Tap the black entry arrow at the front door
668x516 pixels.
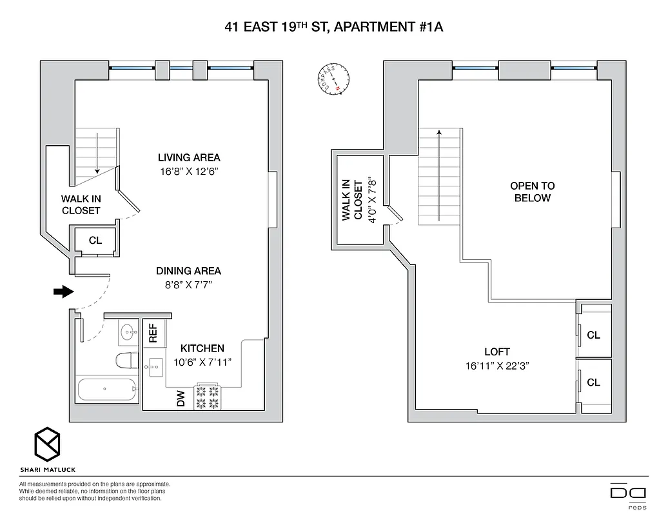point(63,292)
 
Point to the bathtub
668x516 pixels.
point(107,390)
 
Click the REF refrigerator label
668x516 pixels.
point(153,333)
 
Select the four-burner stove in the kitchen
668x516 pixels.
point(208,397)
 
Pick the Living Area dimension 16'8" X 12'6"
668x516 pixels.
point(189,172)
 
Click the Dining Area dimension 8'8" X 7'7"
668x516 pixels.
point(188,285)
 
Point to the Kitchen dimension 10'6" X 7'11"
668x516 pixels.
point(202,362)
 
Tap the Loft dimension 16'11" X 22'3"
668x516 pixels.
point(497,366)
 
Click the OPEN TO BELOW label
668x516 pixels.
point(532,192)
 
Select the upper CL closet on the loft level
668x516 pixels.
point(593,335)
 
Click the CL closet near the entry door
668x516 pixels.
point(95,241)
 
